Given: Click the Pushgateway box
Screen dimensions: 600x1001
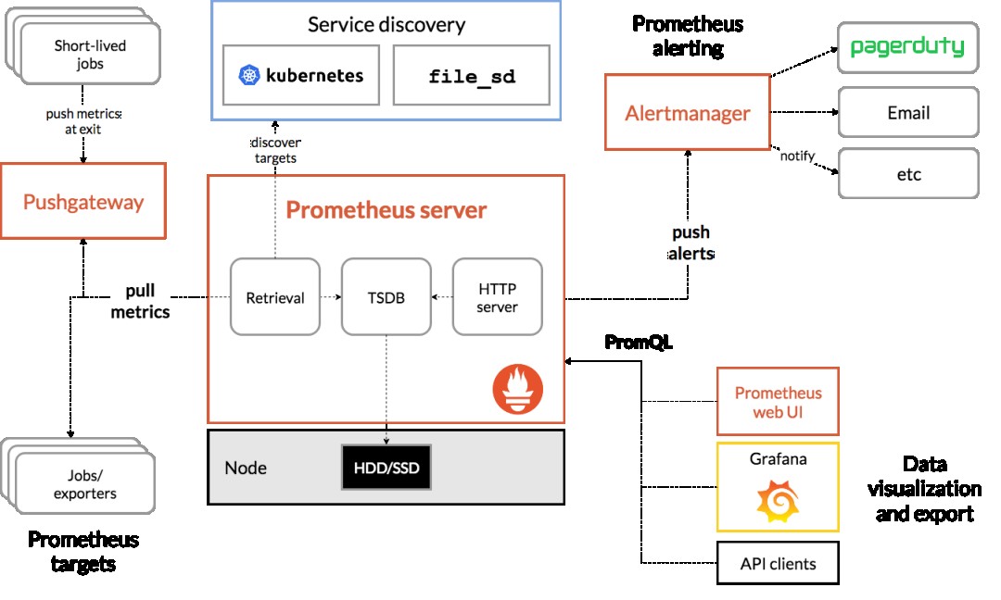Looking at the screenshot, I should (83, 201).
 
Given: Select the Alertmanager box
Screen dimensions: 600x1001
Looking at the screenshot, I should (688, 113).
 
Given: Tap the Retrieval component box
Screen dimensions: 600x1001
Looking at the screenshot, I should (275, 297).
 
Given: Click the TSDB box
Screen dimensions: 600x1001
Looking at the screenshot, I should (386, 297).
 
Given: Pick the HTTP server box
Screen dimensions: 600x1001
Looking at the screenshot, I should (497, 297).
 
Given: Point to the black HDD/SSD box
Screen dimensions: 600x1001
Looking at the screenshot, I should (386, 468).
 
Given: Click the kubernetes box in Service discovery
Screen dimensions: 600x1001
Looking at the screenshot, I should (300, 75).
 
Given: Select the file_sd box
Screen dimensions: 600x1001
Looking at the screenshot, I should (472, 75).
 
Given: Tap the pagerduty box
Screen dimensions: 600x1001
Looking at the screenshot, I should (907, 47).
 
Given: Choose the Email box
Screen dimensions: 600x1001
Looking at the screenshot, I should (907, 113).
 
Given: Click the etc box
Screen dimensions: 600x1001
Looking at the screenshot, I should (907, 173).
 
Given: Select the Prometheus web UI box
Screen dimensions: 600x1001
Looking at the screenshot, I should (778, 401).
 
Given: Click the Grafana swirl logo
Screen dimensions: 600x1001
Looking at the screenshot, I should (778, 501).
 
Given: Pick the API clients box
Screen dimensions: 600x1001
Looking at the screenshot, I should (778, 562).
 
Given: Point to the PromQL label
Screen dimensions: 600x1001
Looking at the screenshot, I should (639, 342).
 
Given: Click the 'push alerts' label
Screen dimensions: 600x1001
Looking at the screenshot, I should (691, 243).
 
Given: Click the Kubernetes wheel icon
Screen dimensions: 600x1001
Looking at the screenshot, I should (247, 75).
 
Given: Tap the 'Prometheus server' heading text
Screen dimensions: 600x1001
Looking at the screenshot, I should (386, 209).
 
